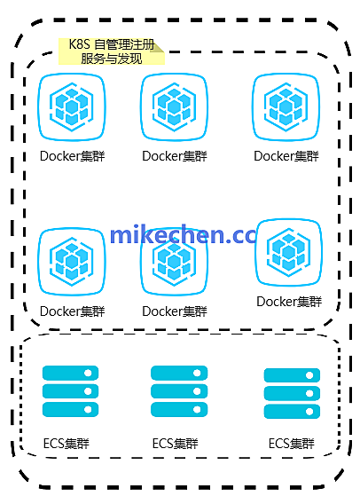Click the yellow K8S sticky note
[112, 51]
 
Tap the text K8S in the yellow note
[79, 43]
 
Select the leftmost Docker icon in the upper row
[72, 108]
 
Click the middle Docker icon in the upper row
[174, 108]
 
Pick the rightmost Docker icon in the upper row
[286, 108]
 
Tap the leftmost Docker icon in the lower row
[72, 262]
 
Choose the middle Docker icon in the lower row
[174, 262]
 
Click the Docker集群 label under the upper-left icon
[72, 156]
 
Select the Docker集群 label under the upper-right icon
[286, 156]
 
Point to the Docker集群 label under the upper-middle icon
[174, 156]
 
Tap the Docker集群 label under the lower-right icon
[288, 302]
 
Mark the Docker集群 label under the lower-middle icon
[174, 311]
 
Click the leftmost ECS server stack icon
[71, 391]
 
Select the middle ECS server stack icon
[178, 391]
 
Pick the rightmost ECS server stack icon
[292, 392]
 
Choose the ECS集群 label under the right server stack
[292, 443]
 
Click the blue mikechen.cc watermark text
[182, 235]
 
